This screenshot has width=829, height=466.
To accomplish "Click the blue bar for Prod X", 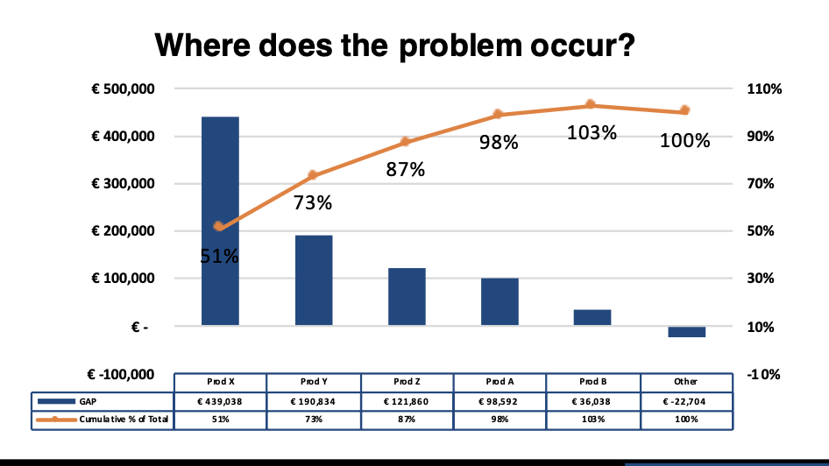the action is click(x=220, y=221).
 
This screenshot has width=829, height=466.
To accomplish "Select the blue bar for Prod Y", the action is click(x=314, y=280).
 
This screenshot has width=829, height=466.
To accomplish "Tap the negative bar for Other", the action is click(x=686, y=332).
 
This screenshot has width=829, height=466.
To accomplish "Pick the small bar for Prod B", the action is click(x=592, y=317).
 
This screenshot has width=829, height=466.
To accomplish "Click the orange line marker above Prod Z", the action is click(x=405, y=142).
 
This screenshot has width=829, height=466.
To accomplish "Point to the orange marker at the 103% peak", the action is click(x=591, y=104).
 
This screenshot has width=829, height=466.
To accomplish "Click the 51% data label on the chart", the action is click(x=219, y=257).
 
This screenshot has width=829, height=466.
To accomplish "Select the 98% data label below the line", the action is click(x=499, y=142).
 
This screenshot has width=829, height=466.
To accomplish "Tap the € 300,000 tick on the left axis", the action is click(x=124, y=183).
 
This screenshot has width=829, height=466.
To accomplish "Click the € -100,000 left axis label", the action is click(x=121, y=374).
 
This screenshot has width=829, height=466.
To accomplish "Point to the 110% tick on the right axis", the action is click(x=764, y=88).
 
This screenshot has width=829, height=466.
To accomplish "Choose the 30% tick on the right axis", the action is click(x=761, y=278).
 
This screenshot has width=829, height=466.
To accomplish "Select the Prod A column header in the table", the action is click(x=500, y=381).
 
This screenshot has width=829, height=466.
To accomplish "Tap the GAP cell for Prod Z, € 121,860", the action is click(x=406, y=401).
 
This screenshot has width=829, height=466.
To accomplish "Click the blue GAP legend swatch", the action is click(x=56, y=401).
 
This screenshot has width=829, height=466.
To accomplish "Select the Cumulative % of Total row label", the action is click(x=124, y=420).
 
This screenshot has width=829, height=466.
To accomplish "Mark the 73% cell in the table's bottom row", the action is click(x=314, y=419).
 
